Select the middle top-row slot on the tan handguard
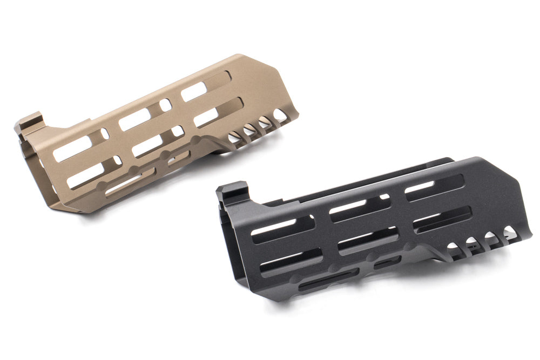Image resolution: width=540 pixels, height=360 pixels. (x=135, y=118)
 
